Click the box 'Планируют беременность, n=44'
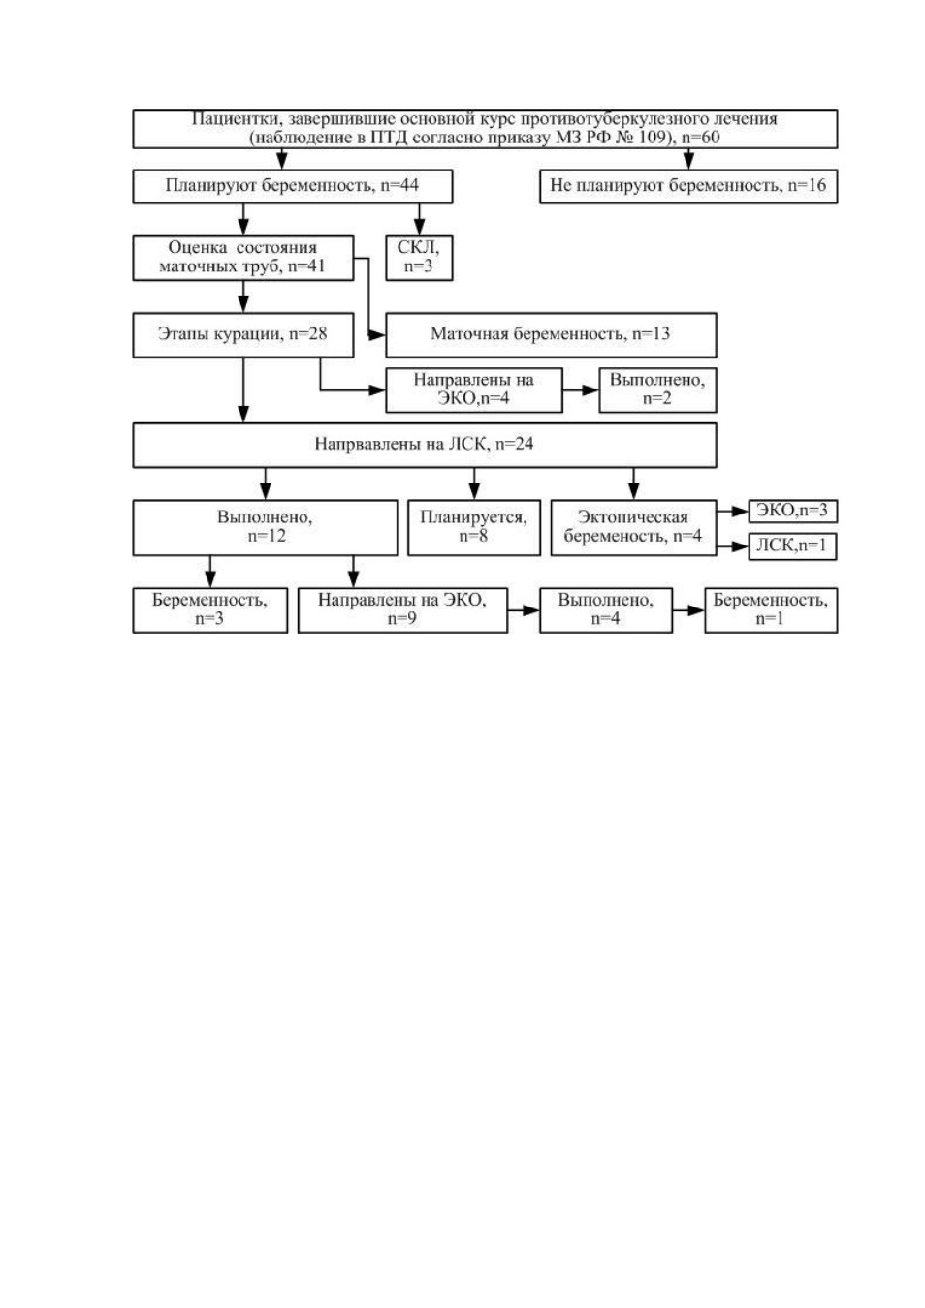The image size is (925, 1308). [x=292, y=186]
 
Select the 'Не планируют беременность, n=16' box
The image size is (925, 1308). [x=687, y=186]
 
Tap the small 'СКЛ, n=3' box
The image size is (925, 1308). [x=418, y=258]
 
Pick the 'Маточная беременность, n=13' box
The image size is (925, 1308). [x=551, y=334]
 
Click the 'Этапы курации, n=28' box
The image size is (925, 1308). [x=243, y=334]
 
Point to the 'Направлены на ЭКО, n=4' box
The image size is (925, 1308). [x=473, y=389]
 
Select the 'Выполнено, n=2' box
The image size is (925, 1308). [x=657, y=389]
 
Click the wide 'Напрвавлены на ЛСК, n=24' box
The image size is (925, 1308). [x=425, y=445]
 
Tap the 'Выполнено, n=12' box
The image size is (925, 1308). [x=265, y=527]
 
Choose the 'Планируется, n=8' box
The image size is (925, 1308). [x=473, y=527]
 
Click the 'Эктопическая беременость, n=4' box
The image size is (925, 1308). [x=633, y=527]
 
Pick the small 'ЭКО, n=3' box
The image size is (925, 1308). [x=792, y=511]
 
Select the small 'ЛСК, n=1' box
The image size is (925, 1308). [x=792, y=546]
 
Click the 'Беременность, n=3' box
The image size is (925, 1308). [x=209, y=610]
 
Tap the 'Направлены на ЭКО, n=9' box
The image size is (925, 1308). [x=402, y=610]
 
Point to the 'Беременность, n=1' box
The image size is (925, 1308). [x=771, y=610]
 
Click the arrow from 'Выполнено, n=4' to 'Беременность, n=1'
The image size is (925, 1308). [x=688, y=610]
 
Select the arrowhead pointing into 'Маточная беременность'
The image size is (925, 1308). [x=377, y=335]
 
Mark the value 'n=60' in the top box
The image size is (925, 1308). [x=701, y=138]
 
